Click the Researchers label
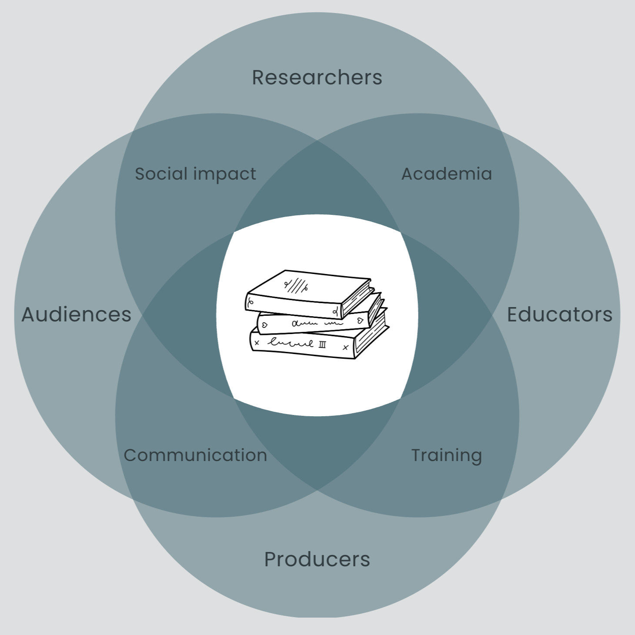click(x=317, y=78)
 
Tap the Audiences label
click(x=77, y=314)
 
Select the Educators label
click(x=559, y=314)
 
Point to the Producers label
click(x=317, y=559)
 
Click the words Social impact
click(x=195, y=174)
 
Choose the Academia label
click(x=447, y=174)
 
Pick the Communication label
click(x=195, y=455)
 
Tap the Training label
click(x=447, y=455)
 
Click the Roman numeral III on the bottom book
click(x=322, y=344)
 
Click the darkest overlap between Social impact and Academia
click(x=317, y=183)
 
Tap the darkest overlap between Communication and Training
click(x=317, y=448)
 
